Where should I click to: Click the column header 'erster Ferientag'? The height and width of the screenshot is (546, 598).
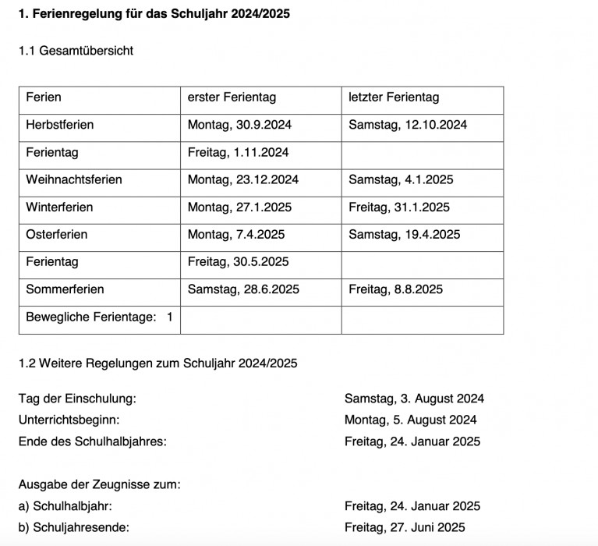pyautogui.click(x=232, y=97)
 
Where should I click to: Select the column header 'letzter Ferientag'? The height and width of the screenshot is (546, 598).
pyautogui.click(x=394, y=97)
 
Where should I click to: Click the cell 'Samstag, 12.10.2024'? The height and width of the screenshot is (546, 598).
pyautogui.click(x=408, y=125)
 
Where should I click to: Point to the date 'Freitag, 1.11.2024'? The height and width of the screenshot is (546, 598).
pyautogui.click(x=238, y=152)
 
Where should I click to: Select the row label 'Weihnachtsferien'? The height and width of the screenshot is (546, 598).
pyautogui.click(x=74, y=179)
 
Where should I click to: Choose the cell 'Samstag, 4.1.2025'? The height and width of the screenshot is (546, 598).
pyautogui.click(x=401, y=179)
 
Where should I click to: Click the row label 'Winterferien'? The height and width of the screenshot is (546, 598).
pyautogui.click(x=59, y=207)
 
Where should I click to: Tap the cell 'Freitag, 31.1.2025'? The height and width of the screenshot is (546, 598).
pyautogui.click(x=399, y=207)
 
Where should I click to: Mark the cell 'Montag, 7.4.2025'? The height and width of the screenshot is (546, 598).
pyautogui.click(x=236, y=235)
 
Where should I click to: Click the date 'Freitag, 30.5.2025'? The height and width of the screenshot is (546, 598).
pyautogui.click(x=238, y=262)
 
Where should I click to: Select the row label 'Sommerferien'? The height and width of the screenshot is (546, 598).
pyautogui.click(x=65, y=289)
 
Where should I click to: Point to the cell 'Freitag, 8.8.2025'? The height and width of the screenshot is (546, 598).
pyautogui.click(x=395, y=289)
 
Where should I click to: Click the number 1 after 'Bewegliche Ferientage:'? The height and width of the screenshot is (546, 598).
pyautogui.click(x=169, y=317)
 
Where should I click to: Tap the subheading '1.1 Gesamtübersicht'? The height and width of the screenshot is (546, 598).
pyautogui.click(x=76, y=51)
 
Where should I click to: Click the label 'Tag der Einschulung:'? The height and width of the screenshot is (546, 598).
pyautogui.click(x=77, y=399)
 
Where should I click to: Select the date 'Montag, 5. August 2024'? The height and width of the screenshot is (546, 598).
pyautogui.click(x=411, y=420)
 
